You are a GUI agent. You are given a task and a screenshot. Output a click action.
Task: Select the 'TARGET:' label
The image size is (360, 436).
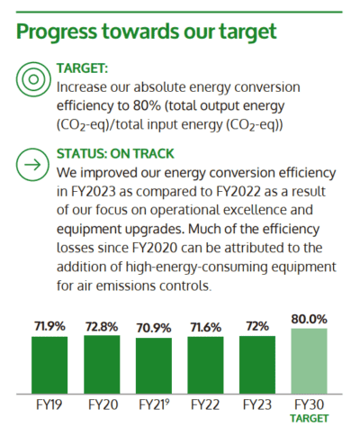[x=83, y=68]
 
